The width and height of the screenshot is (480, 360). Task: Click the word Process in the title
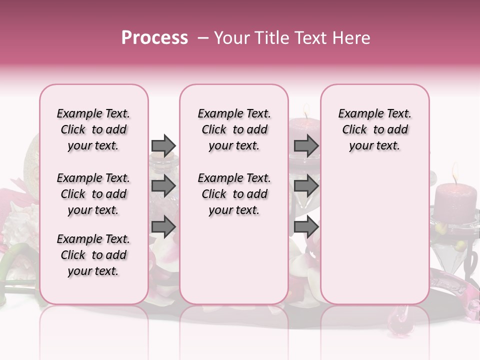[154, 38]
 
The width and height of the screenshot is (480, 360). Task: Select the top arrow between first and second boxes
[163, 145]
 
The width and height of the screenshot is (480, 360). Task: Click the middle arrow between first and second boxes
[163, 186]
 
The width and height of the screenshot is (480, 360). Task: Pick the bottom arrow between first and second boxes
[163, 227]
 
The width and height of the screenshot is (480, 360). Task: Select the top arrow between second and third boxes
[306, 145]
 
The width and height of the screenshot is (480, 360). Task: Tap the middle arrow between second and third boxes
[306, 186]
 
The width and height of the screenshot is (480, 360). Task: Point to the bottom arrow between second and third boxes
[306, 227]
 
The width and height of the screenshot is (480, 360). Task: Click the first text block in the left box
[93, 129]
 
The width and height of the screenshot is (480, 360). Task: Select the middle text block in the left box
[93, 194]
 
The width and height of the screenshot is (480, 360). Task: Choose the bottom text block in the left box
[93, 255]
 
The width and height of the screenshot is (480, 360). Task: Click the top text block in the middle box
[234, 129]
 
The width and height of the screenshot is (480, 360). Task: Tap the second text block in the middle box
[234, 194]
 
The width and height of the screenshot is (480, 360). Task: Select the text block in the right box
[374, 129]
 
